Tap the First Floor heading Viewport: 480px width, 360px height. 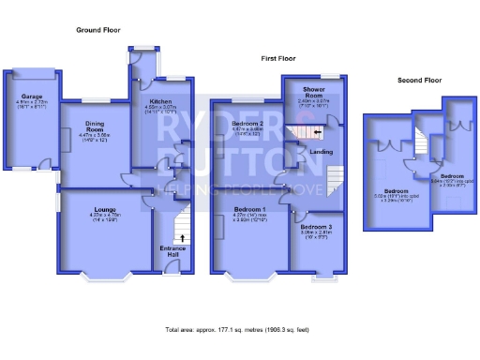(277, 58)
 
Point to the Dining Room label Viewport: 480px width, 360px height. (91, 127)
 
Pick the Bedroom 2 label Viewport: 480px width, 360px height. (246, 124)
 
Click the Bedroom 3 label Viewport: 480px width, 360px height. (316, 228)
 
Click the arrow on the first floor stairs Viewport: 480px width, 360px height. (316, 132)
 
